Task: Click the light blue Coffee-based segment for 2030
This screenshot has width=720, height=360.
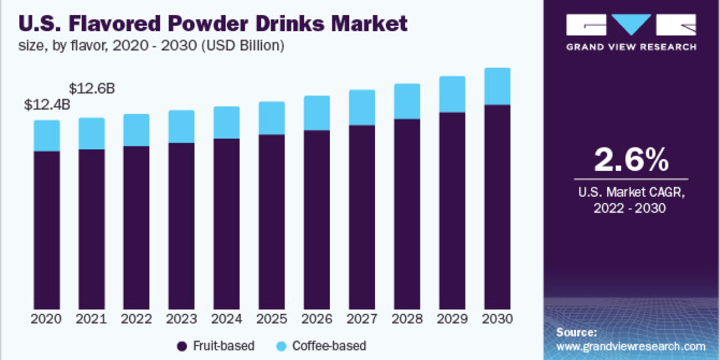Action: point(497,86)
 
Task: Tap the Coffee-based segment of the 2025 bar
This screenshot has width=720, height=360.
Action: point(272,118)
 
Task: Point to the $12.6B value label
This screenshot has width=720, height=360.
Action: point(92,89)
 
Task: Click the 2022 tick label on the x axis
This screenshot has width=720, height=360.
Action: point(137,319)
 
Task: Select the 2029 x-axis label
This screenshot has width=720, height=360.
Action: point(452,319)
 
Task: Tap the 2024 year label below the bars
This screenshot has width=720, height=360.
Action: point(227,319)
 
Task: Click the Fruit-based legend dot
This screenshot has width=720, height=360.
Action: point(182,346)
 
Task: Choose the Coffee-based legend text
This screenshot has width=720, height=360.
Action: point(329,346)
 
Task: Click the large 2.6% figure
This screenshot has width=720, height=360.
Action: point(631,160)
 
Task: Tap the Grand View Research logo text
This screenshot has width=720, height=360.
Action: point(631,47)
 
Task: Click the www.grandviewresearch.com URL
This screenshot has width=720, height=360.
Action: point(631,346)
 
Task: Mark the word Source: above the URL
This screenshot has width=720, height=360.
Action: point(576,332)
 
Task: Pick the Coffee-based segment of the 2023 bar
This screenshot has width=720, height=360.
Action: point(182,127)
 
